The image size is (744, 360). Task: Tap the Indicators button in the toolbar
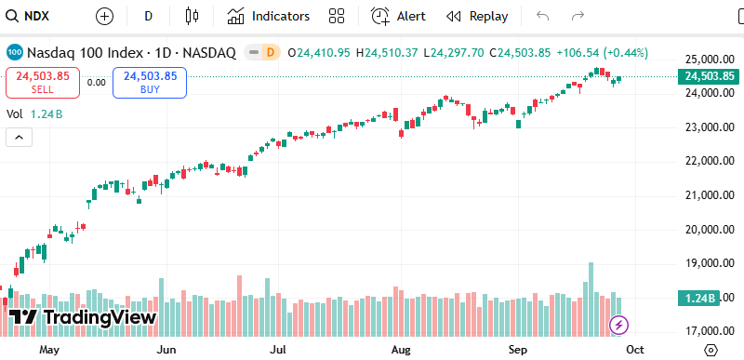point(269,16)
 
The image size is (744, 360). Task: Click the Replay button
point(477,16)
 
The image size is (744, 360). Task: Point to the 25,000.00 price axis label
point(708,59)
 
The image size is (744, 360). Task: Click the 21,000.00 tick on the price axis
point(708,195)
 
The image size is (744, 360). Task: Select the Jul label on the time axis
point(278,351)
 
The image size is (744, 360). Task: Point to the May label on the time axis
point(49,351)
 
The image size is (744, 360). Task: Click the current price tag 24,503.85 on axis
point(709,76)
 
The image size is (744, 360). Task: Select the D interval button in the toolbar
point(149,16)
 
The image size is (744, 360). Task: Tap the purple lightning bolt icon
point(618,325)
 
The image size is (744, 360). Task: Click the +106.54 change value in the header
point(578,53)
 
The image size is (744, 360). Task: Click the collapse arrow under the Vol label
point(20,137)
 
